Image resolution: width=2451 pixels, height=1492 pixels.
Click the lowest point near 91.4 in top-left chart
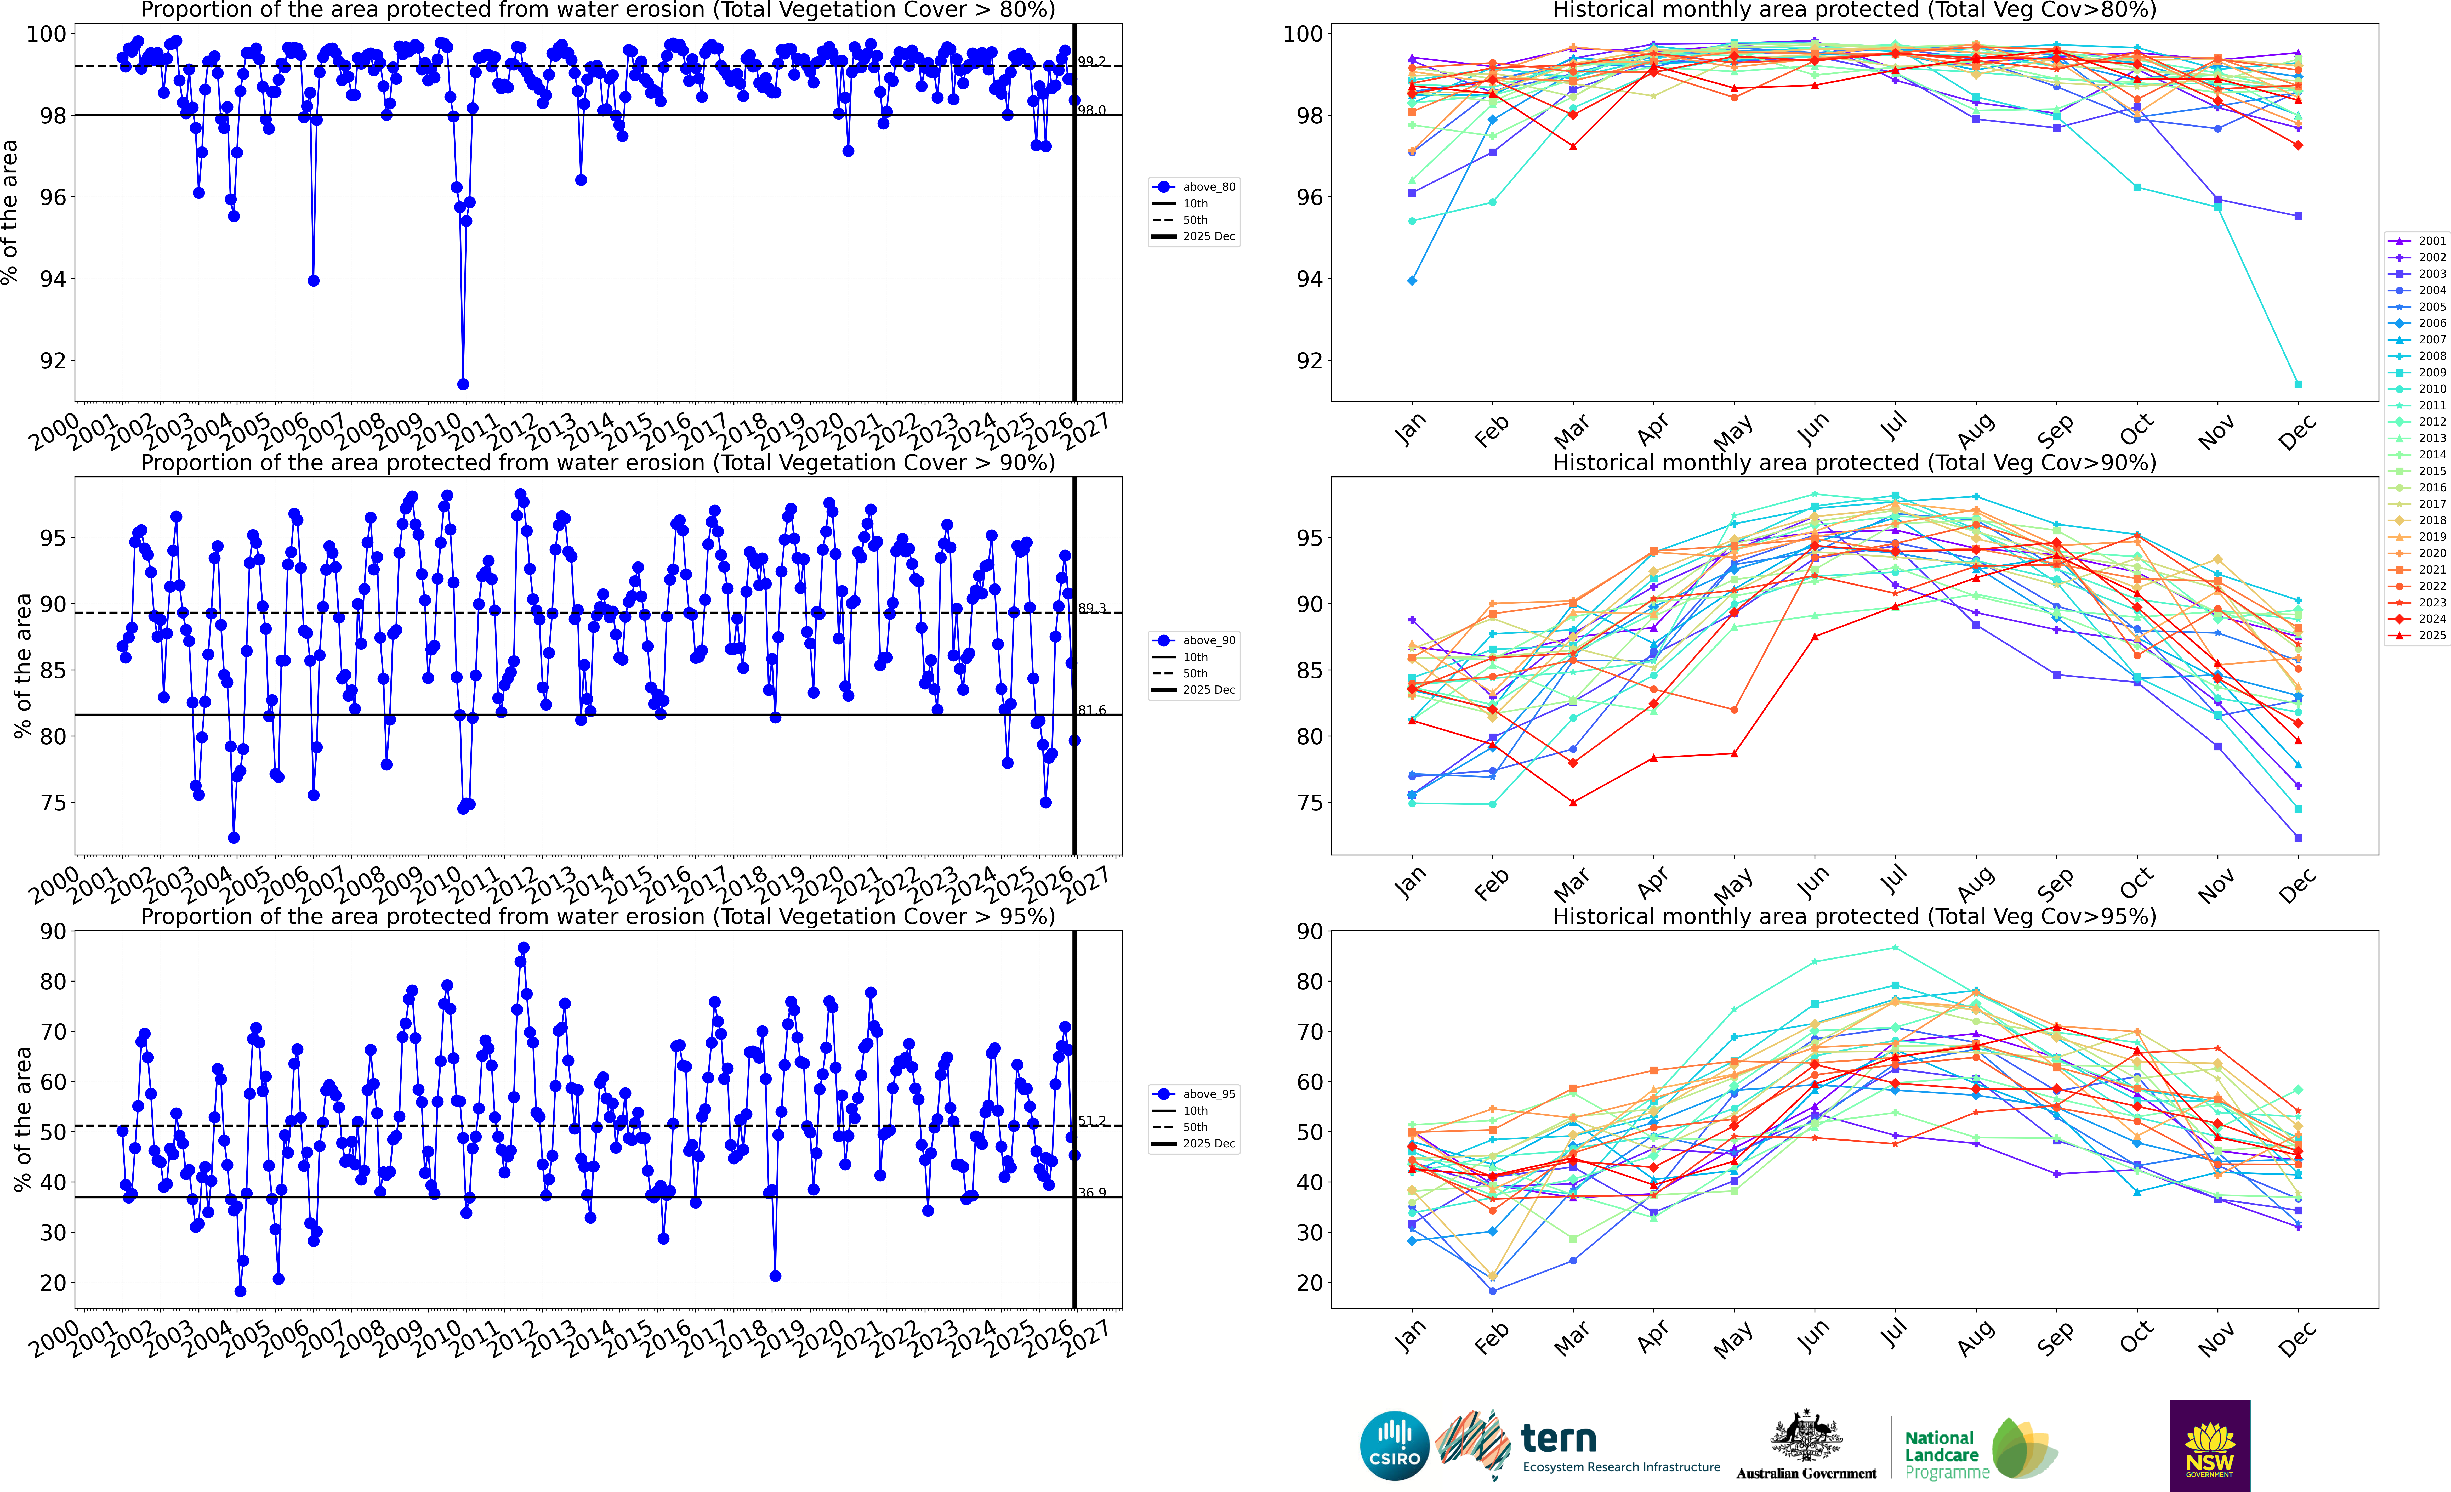463,384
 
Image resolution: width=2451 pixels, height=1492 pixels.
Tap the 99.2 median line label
1091,62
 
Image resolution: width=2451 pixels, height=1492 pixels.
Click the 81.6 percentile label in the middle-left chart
1091,710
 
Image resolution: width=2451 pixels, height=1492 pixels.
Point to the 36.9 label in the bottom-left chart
1091,1193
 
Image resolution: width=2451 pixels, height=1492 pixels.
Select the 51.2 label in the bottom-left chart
1091,1121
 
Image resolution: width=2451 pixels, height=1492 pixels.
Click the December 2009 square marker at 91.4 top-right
2298,384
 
